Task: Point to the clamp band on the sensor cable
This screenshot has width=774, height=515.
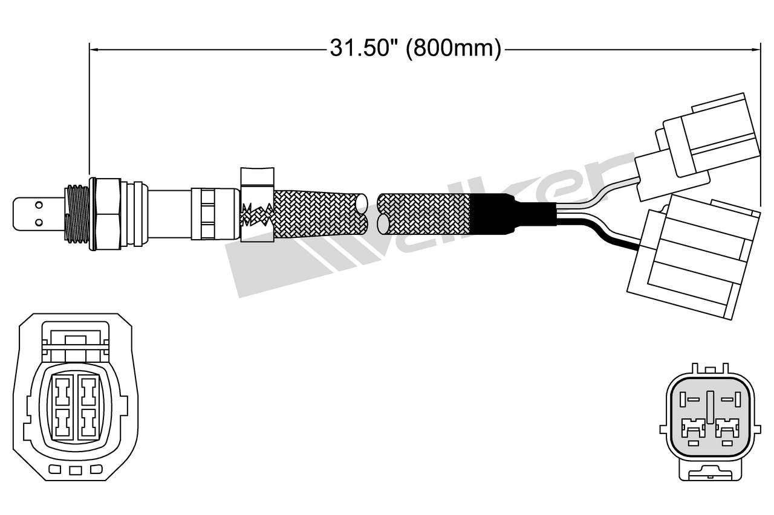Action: coord(258,205)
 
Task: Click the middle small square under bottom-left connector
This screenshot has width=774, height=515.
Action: coord(75,470)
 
